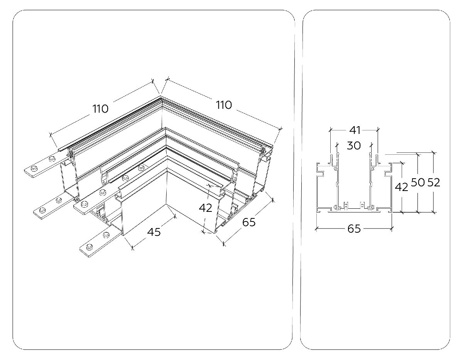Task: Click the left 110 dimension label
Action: (x=100, y=109)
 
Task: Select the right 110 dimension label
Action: (x=224, y=105)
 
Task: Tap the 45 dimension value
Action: (x=154, y=232)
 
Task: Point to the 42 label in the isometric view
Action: (x=205, y=208)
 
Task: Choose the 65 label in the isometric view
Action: (x=248, y=222)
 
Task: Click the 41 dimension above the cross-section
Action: (x=355, y=130)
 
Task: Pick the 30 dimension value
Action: (x=354, y=145)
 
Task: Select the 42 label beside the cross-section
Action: (x=401, y=187)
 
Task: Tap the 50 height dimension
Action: (x=418, y=183)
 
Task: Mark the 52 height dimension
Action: (x=434, y=183)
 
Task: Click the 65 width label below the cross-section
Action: (x=354, y=229)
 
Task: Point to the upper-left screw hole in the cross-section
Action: (x=336, y=169)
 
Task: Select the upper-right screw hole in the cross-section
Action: (x=372, y=169)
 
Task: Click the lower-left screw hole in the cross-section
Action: (x=336, y=207)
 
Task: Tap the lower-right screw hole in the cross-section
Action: (x=372, y=207)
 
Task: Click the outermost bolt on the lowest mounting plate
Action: (x=90, y=247)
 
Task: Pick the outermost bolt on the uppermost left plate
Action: (x=34, y=169)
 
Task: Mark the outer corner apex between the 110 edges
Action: (x=161, y=96)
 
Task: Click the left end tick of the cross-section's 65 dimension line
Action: (x=316, y=229)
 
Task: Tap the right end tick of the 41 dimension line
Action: (x=377, y=130)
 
